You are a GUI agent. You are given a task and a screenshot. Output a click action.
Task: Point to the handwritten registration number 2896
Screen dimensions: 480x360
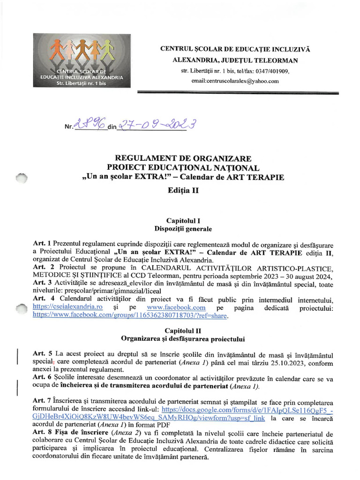coord(90,125)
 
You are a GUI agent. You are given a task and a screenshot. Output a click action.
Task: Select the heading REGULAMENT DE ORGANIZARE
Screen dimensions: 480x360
coord(183,158)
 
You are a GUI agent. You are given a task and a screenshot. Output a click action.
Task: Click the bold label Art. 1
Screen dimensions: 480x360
coord(42,244)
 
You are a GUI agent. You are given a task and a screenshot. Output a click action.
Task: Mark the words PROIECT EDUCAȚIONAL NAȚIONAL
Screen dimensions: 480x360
coord(183,168)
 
